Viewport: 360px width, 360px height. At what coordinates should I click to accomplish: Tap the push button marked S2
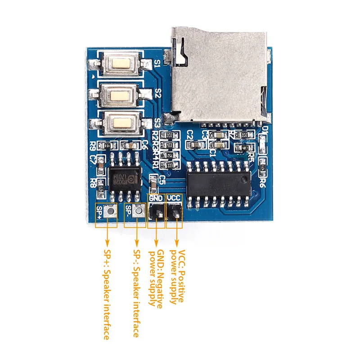(x=119, y=94)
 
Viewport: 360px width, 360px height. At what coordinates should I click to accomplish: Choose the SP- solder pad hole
(x=139, y=210)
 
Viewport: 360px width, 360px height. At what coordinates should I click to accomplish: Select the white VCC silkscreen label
(x=174, y=198)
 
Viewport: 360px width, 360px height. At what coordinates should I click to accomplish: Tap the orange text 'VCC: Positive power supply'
(x=178, y=277)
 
